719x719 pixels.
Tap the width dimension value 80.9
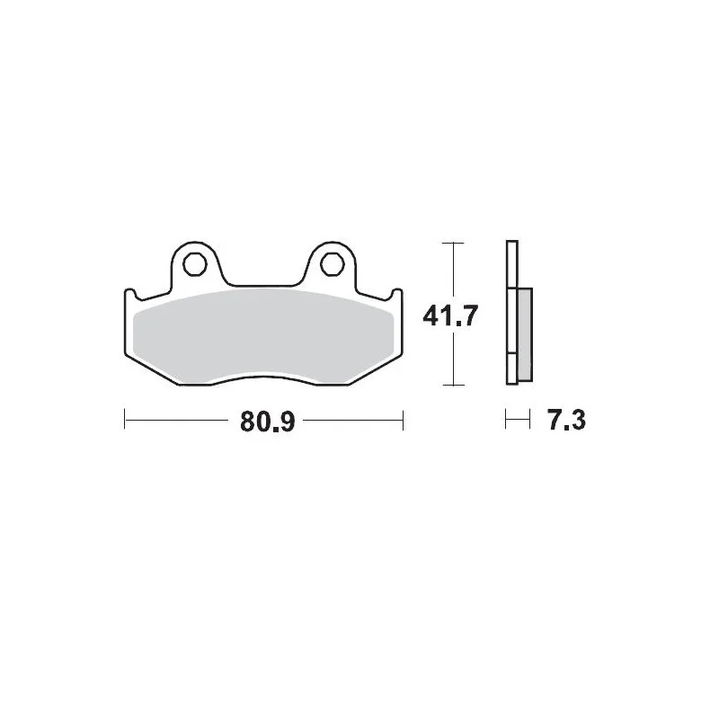[267, 421]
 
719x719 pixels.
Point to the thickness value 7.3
[566, 420]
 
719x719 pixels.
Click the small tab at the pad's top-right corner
[397, 294]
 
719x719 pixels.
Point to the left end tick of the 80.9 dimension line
[124, 420]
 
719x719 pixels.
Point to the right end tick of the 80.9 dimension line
[404, 420]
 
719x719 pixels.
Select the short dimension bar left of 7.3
[516, 420]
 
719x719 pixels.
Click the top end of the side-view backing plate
[511, 245]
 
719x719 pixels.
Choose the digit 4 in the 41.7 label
[431, 315]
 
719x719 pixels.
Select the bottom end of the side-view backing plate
[511, 381]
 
